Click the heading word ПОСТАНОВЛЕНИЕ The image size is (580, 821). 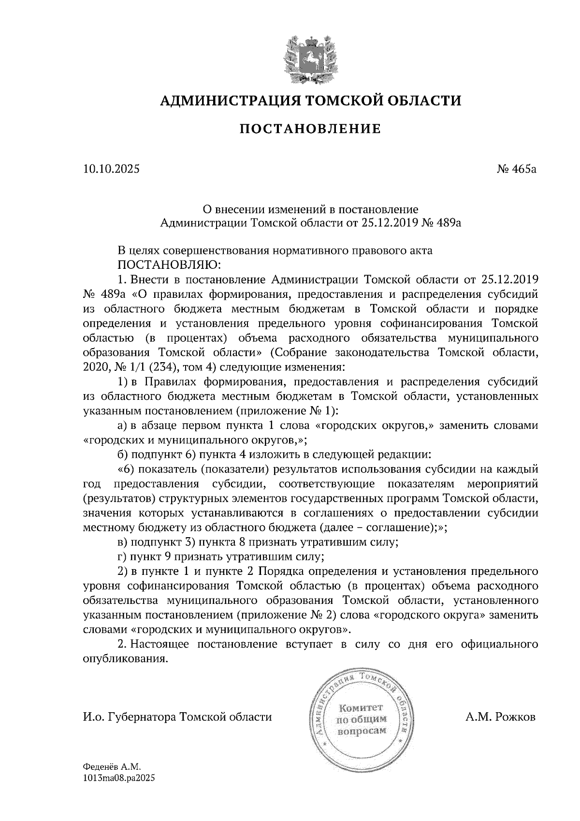[310, 129]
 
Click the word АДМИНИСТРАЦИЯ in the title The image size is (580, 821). [224, 101]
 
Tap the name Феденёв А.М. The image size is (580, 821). [111, 767]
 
